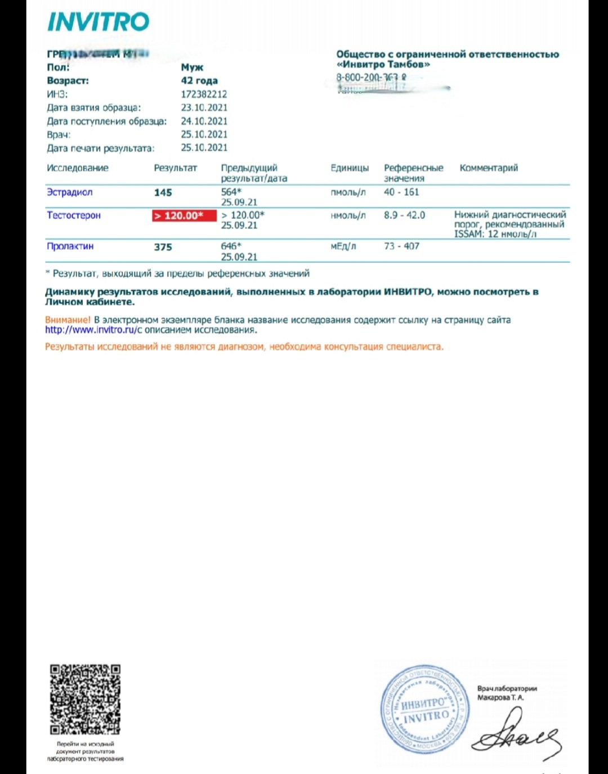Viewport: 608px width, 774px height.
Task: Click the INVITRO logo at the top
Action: click(98, 22)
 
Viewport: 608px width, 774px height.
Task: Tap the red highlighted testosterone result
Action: click(184, 215)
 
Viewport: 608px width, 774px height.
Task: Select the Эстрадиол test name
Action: click(69, 192)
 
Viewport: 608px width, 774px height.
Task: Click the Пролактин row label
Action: click(70, 246)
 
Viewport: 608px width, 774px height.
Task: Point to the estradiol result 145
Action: click(163, 193)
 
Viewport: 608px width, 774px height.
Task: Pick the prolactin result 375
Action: click(163, 247)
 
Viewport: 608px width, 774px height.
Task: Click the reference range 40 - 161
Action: click(401, 192)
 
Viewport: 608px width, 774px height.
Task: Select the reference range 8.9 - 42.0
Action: click(404, 215)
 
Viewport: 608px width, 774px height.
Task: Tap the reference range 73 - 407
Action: click(401, 246)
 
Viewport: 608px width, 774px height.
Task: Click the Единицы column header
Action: click(350, 168)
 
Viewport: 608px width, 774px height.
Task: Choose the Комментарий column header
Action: click(489, 168)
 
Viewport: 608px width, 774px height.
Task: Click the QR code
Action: click(85, 700)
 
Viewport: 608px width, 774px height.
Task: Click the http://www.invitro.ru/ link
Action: click(91, 330)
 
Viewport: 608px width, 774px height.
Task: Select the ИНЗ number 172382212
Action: click(204, 94)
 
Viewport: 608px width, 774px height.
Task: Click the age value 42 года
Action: click(199, 81)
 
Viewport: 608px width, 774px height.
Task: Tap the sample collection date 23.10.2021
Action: click(204, 107)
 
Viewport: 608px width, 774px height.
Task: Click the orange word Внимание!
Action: click(68, 320)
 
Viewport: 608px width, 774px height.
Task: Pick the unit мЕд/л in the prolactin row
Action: click(343, 246)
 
